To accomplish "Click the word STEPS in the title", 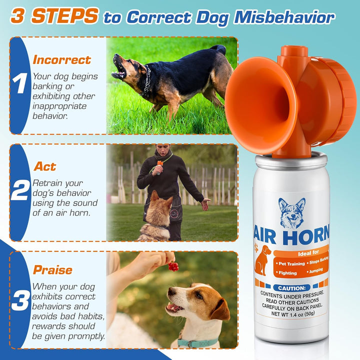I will (64, 15).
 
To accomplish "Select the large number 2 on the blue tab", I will (20, 191).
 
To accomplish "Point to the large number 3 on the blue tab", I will (20, 301).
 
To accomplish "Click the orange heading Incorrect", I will (61, 60).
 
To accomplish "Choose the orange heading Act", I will (44, 166).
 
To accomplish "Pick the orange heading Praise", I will (52, 270).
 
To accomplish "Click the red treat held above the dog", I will (173, 266).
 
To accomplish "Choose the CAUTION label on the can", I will (292, 288).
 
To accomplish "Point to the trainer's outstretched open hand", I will (205, 203).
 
